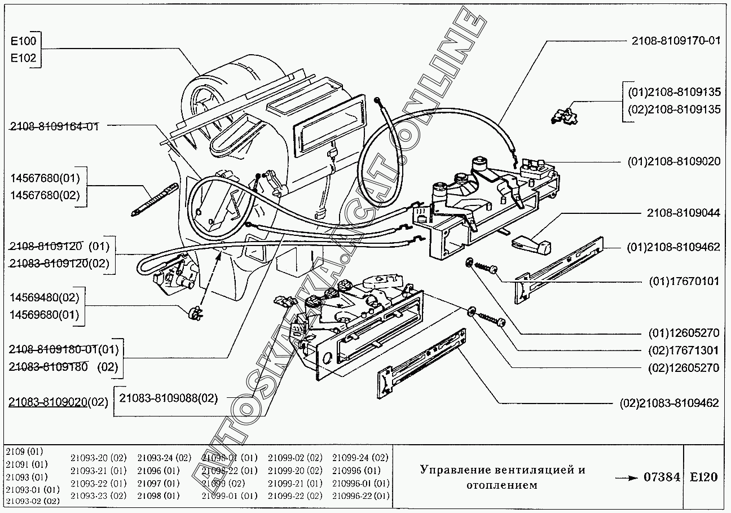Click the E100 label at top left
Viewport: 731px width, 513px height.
(23, 41)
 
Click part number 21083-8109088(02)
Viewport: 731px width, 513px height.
(168, 397)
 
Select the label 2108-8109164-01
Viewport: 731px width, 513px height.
(54, 126)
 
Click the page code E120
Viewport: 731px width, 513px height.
(703, 477)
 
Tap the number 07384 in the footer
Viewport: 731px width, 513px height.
(662, 477)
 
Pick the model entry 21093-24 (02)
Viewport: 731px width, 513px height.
(164, 457)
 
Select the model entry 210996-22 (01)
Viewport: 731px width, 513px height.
(360, 496)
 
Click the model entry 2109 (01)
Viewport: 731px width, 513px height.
(24, 451)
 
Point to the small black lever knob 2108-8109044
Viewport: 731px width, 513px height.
(530, 244)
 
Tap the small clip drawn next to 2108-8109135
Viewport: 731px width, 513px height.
(564, 115)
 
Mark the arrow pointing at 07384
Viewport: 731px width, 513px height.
(626, 478)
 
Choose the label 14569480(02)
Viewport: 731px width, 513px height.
(45, 297)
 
